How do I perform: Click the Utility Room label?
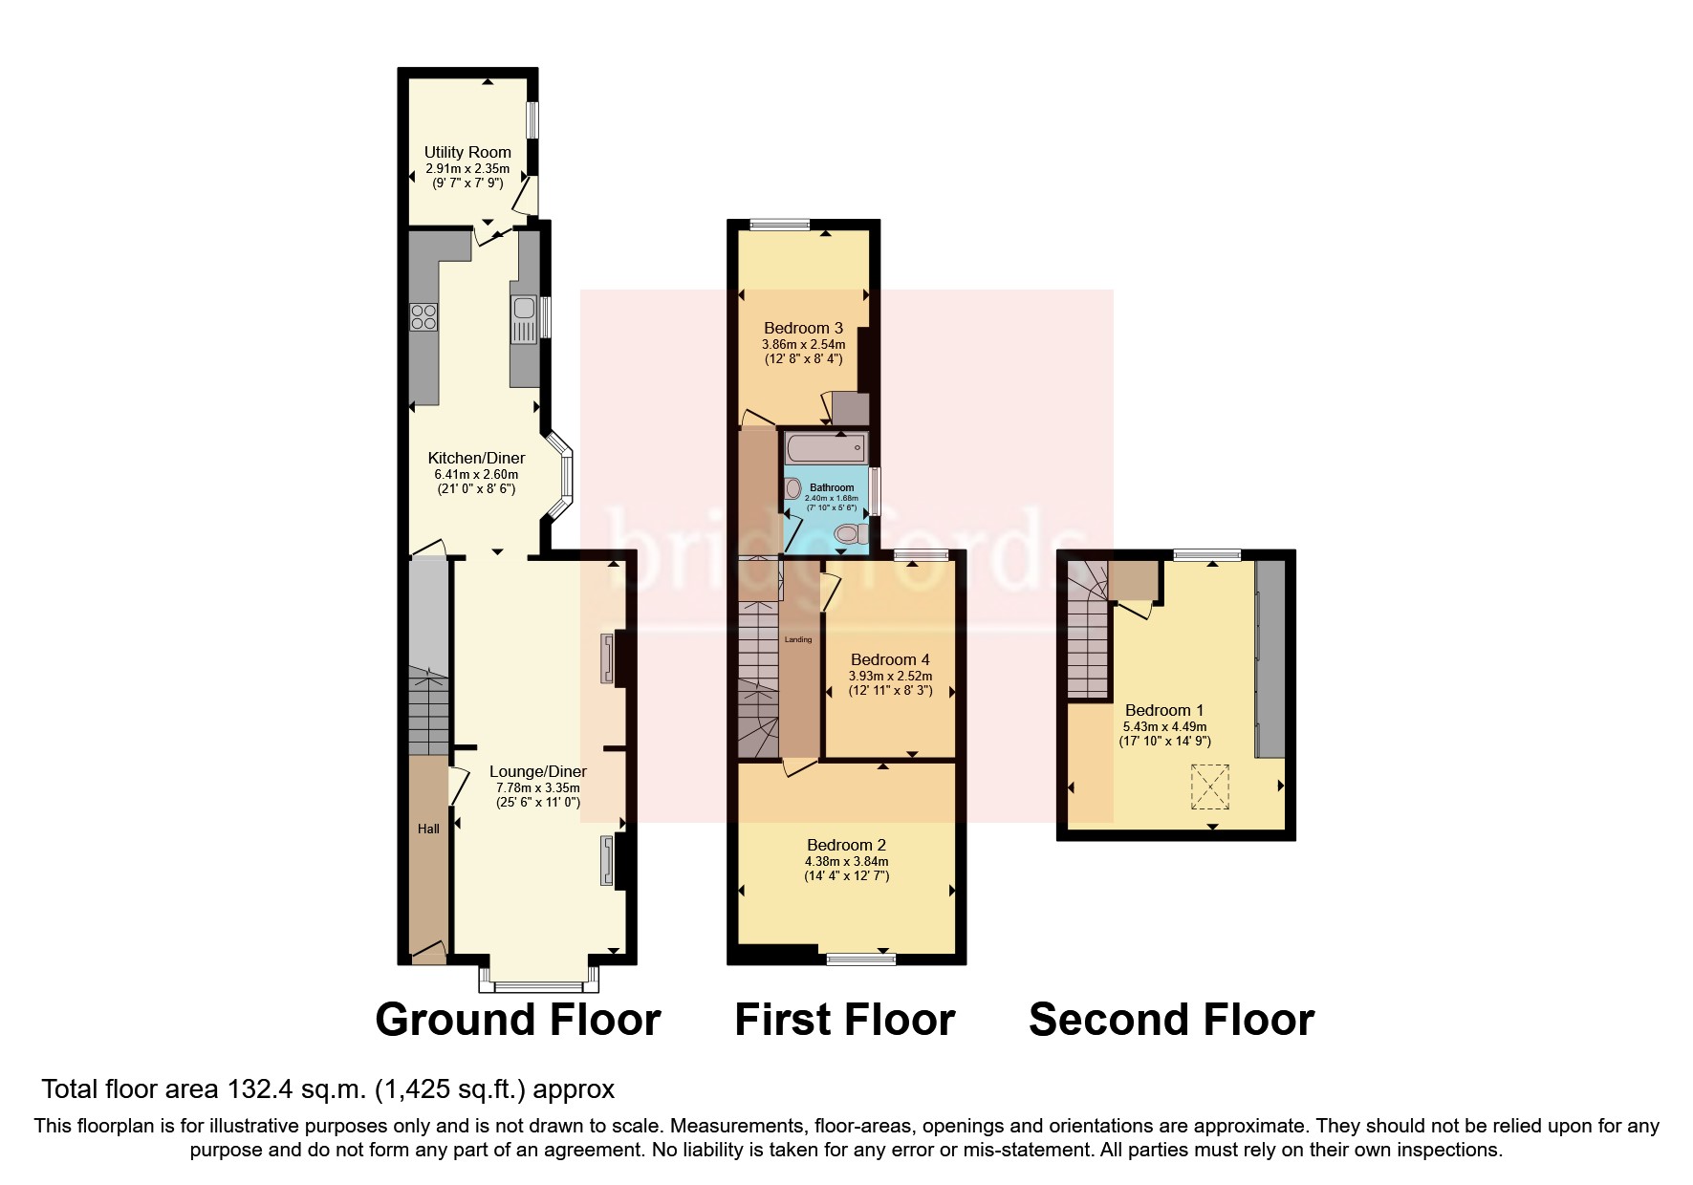[x=467, y=152]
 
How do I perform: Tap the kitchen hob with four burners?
[x=423, y=316]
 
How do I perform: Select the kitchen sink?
[x=524, y=309]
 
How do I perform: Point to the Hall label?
[x=428, y=829]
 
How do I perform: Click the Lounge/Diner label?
[x=537, y=771]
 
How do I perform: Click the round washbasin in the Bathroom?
[x=792, y=488]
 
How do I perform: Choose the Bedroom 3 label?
[x=803, y=328]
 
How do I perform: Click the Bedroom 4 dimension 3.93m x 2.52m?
[x=890, y=676]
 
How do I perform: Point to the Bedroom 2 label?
[x=846, y=845]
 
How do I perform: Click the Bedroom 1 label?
[x=1163, y=710]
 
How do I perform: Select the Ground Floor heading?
[x=517, y=1020]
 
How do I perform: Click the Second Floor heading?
[x=1171, y=1020]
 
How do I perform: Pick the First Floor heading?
[x=844, y=1020]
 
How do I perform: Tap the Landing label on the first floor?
[x=797, y=639]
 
